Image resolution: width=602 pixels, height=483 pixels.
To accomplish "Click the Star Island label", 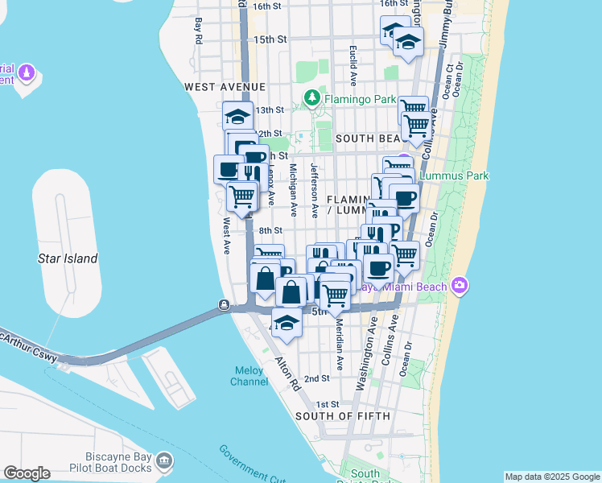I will [x=68, y=258].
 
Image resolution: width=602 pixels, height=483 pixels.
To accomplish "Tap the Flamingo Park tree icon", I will [x=312, y=99].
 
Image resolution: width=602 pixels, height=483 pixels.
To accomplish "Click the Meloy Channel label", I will [x=248, y=376].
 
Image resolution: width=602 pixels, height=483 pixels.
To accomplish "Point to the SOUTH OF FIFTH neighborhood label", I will [x=343, y=416].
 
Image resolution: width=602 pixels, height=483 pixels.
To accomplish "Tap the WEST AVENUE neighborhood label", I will [x=225, y=86].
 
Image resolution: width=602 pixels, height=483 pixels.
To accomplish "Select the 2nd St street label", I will [x=317, y=378].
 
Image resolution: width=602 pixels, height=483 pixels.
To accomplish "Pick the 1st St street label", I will [x=328, y=404].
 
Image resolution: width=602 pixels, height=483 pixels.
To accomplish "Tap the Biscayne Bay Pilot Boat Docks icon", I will [x=164, y=460].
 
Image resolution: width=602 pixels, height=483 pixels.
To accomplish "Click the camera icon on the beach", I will [x=460, y=284].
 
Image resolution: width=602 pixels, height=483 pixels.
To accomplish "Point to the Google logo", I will [x=27, y=473].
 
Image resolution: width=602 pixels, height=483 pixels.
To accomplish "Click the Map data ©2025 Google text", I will [x=552, y=477].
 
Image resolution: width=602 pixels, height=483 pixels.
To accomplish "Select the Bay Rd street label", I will [x=198, y=32].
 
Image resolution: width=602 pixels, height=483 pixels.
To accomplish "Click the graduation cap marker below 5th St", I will [x=286, y=322].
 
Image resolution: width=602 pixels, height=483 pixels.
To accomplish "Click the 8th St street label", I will [x=271, y=230].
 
